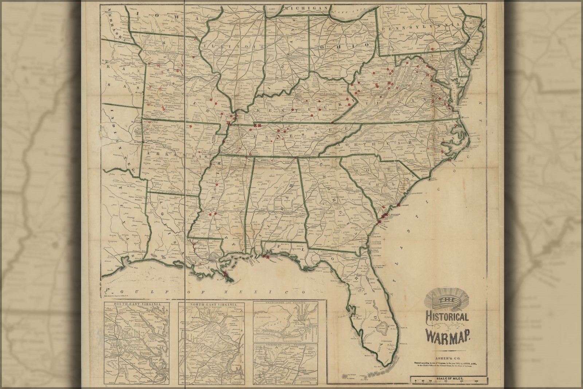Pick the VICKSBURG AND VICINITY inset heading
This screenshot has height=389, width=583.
click(285, 345)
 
